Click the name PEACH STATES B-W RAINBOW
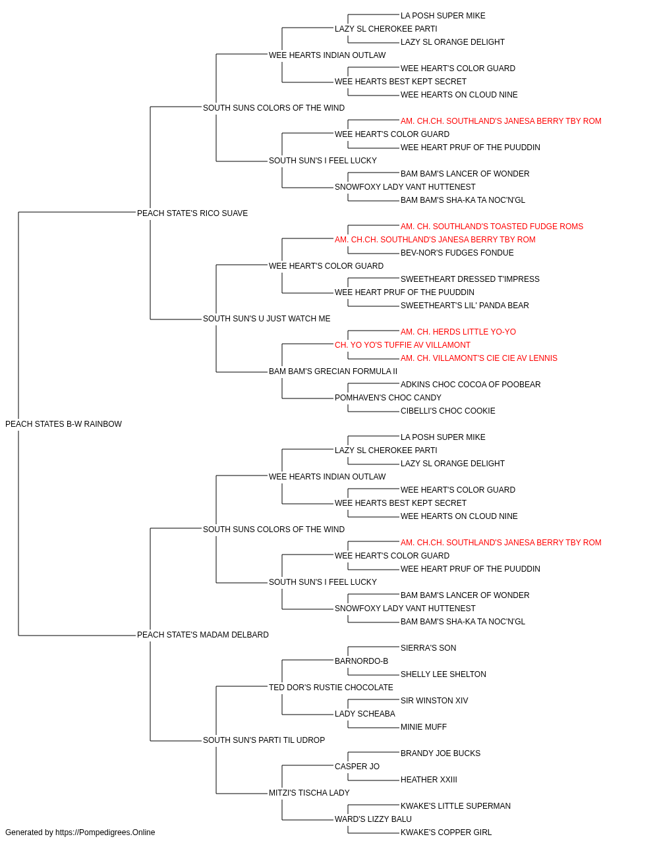click(x=63, y=424)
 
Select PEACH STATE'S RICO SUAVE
click(x=192, y=213)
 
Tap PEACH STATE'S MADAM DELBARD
click(x=202, y=635)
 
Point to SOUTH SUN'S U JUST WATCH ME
click(x=266, y=319)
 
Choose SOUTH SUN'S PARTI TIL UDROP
click(x=264, y=740)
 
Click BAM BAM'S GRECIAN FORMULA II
click(x=333, y=371)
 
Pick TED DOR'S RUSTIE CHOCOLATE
click(x=331, y=688)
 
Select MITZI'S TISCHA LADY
click(x=309, y=793)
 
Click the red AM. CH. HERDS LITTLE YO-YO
click(x=458, y=332)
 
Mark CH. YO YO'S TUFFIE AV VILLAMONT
click(x=403, y=345)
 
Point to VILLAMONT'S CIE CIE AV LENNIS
click(x=495, y=358)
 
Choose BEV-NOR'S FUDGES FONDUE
click(x=457, y=253)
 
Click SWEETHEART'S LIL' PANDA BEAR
click(x=465, y=306)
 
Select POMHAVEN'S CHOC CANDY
click(x=388, y=398)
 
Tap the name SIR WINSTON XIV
click(x=434, y=701)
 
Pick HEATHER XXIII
click(x=428, y=780)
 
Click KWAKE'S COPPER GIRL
click(x=446, y=832)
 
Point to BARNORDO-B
click(x=361, y=661)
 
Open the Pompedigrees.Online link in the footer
click(x=105, y=832)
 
